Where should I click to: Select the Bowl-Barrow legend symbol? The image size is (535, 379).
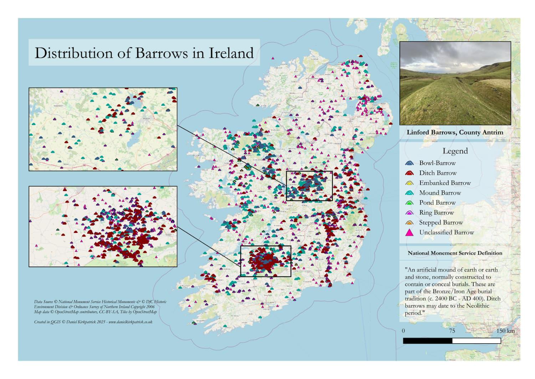pyautogui.click(x=410, y=163)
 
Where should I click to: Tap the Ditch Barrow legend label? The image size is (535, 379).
pyautogui.click(x=438, y=173)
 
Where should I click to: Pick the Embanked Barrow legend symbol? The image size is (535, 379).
pyautogui.click(x=410, y=183)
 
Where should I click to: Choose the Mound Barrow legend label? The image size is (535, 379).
pyautogui.click(x=440, y=193)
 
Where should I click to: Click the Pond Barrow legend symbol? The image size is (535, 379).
pyautogui.click(x=410, y=203)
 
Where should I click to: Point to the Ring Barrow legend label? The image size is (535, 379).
pyautogui.click(x=436, y=213)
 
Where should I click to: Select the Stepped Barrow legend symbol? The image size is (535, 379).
pyautogui.click(x=410, y=223)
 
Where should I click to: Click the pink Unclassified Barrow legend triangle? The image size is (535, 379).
pyautogui.click(x=410, y=233)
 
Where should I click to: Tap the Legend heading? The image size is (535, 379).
pyautogui.click(x=455, y=151)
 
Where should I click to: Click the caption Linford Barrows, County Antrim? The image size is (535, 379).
pyautogui.click(x=455, y=132)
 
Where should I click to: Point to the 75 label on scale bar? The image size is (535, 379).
pyautogui.click(x=452, y=331)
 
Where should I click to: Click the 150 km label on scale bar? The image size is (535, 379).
pyautogui.click(x=505, y=331)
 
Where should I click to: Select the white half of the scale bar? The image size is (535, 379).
pyautogui.click(x=476, y=341)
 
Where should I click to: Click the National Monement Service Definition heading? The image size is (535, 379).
pyautogui.click(x=455, y=253)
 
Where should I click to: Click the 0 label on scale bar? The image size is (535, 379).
pyautogui.click(x=403, y=331)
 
